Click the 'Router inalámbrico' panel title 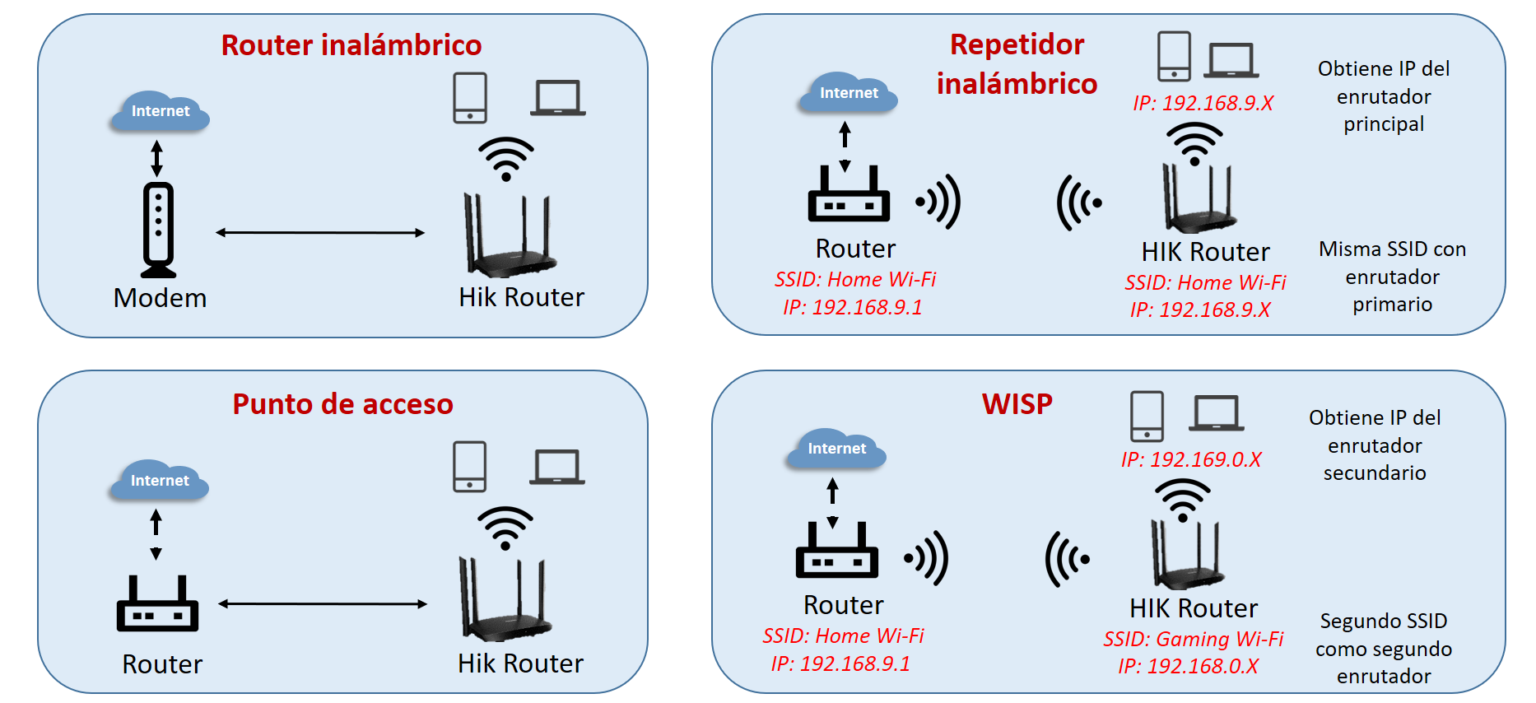coord(351,45)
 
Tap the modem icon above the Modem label coord(158,230)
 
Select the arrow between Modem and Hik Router coord(320,233)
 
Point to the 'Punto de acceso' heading coord(342,404)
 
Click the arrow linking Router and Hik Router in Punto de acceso coord(323,604)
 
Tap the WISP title coord(1017,404)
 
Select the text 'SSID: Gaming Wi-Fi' coord(1193,639)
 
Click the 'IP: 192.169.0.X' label coord(1190,459)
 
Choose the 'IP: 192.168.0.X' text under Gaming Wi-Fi coord(1188,666)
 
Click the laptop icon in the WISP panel coord(1216,413)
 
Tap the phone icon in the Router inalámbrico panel coord(470,98)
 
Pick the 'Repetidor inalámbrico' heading coord(1017,64)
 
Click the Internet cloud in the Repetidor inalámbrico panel coord(849,92)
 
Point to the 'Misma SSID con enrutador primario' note coord(1392,277)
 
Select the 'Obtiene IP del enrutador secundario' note coord(1375,445)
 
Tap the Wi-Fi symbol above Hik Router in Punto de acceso coord(505,528)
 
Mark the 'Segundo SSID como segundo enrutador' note coord(1384,649)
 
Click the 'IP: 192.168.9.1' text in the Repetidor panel coord(852,307)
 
